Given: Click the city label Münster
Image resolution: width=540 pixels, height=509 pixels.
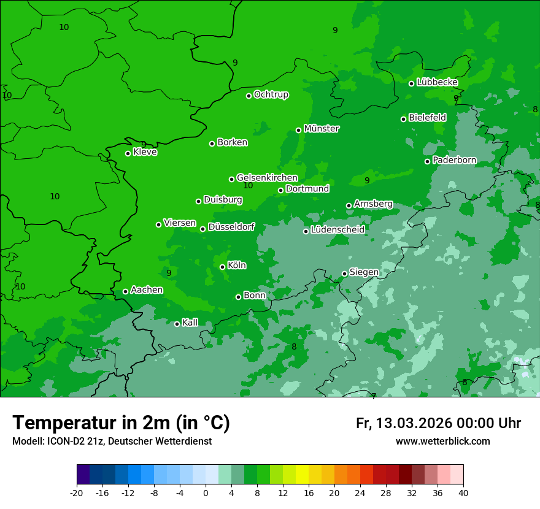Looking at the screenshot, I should pos(322,129).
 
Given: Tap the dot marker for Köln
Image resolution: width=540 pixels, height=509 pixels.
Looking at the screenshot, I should pos(222,267).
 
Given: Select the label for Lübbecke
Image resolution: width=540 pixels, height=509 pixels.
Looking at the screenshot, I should pos(437,82).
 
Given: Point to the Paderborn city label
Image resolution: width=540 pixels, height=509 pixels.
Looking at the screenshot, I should pos(454,160).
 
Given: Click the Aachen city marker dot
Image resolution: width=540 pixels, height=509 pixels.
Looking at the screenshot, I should pos(125,291).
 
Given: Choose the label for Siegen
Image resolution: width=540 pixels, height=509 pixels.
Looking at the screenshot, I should pos(364,272).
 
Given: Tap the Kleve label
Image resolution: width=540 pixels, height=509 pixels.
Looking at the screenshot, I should pos(145,152).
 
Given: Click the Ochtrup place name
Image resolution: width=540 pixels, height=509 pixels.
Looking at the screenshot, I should pos(271,94).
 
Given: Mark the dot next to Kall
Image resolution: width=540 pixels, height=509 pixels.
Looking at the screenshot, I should pos(177,324).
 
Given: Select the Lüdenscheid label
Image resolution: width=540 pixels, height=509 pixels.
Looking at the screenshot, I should pos(337,230).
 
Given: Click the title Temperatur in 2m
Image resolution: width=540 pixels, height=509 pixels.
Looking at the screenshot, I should pos(121,423).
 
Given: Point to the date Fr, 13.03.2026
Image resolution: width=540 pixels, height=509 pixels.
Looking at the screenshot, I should pos(404,423).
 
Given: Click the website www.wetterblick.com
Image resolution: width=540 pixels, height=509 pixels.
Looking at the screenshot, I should pos(442,441).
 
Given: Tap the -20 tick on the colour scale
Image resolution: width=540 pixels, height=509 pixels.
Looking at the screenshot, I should pos(77,492).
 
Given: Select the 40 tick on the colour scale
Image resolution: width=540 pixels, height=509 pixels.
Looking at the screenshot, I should pos(463,492).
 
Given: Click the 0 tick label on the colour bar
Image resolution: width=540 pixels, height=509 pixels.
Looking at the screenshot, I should pos(206,492).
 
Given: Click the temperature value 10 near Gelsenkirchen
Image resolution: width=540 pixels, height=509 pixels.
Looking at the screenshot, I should pos(248,185).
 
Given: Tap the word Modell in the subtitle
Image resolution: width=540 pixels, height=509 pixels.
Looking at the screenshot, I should pos(26,441).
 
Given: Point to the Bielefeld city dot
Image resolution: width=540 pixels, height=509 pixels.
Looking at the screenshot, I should pos(403,119).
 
